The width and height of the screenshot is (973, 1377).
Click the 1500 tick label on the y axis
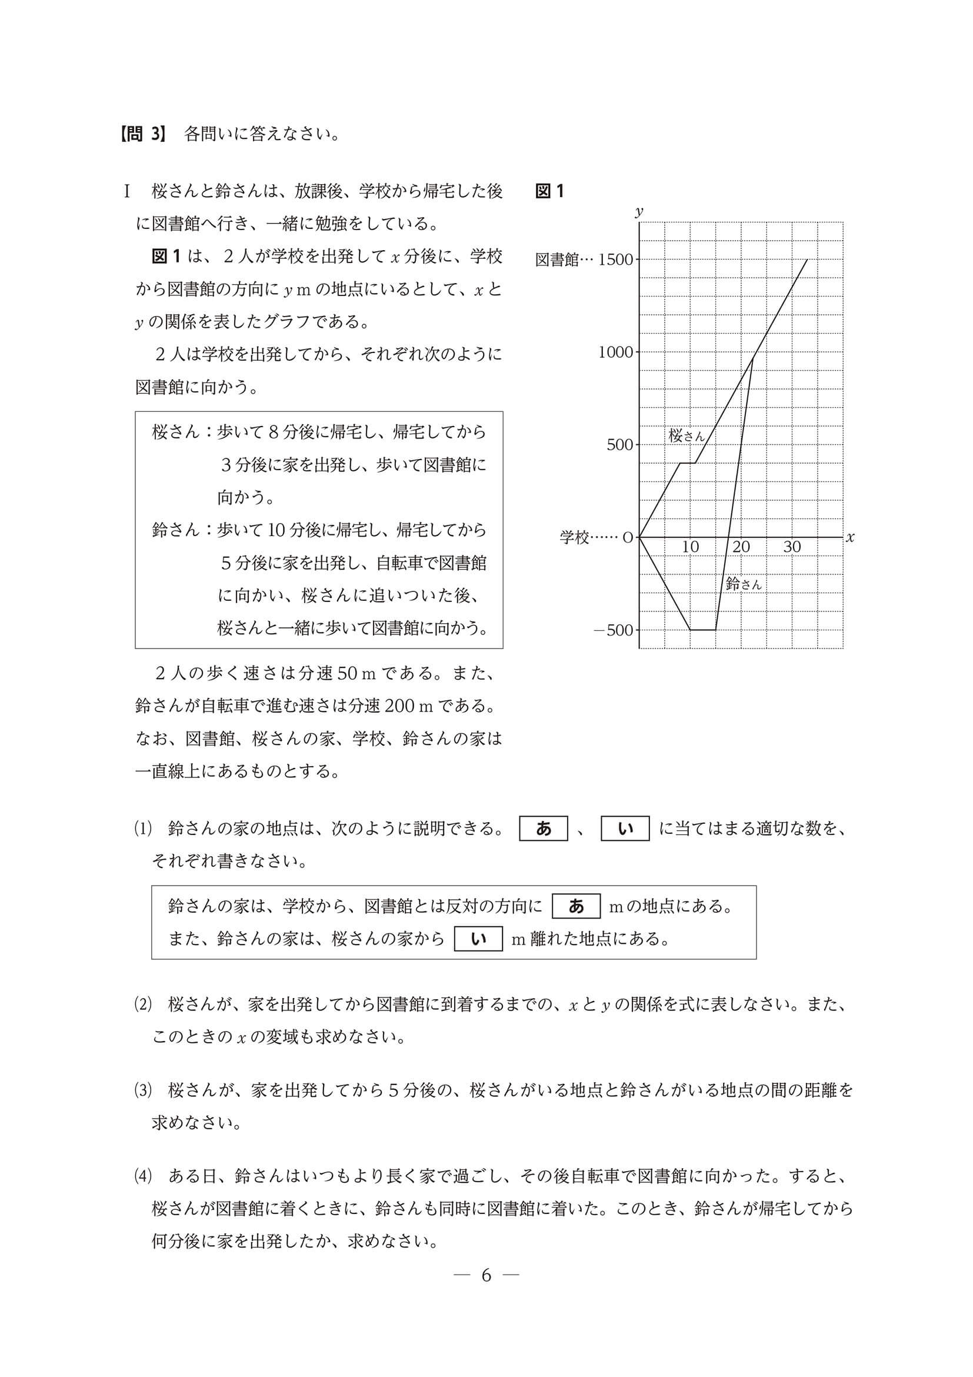pyautogui.click(x=615, y=260)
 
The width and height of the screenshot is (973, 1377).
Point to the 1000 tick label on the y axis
pyautogui.click(x=615, y=352)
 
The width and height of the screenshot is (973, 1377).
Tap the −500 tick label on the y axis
pyautogui.click(x=613, y=630)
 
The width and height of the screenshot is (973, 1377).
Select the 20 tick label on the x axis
pyautogui.click(x=741, y=547)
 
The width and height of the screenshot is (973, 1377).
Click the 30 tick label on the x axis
pyautogui.click(x=792, y=547)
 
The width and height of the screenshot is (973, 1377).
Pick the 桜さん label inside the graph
pyautogui.click(x=687, y=435)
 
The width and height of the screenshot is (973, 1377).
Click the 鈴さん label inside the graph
pyautogui.click(x=744, y=584)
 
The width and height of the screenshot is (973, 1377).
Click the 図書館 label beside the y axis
pyautogui.click(x=557, y=260)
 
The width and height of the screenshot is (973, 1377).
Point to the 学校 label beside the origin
pyautogui.click(x=575, y=537)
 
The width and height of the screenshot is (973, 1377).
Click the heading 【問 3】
pyautogui.click(x=142, y=134)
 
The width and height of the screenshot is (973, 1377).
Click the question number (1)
pyautogui.click(x=144, y=829)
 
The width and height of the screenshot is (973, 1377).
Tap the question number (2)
pyautogui.click(x=144, y=1005)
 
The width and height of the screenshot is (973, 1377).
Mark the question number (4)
pyautogui.click(x=144, y=1176)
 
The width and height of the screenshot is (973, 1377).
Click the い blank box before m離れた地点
pyautogui.click(x=478, y=939)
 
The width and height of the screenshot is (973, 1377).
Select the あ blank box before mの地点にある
pyautogui.click(x=575, y=906)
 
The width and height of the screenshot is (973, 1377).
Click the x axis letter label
pyautogui.click(x=849, y=537)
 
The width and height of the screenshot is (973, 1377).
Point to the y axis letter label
pyautogui.click(x=639, y=211)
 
